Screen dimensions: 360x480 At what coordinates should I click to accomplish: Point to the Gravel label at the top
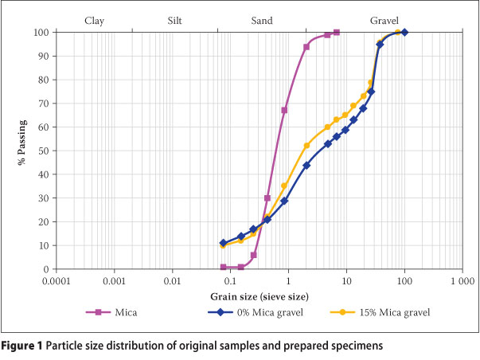[x=384, y=19]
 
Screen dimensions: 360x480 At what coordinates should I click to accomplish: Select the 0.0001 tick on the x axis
[x=56, y=282]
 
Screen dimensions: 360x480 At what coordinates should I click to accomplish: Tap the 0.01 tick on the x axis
[x=172, y=282]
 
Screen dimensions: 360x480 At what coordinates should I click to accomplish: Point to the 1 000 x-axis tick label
[x=462, y=282]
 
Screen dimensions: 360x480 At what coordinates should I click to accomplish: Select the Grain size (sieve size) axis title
[x=260, y=296]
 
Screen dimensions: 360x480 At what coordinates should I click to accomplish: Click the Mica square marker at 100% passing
[x=337, y=33]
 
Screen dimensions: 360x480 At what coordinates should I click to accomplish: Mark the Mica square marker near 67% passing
[x=284, y=110]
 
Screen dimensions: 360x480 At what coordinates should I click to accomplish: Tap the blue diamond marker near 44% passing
[x=306, y=165]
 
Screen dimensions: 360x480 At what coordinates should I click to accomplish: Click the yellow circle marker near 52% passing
[x=306, y=146]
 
